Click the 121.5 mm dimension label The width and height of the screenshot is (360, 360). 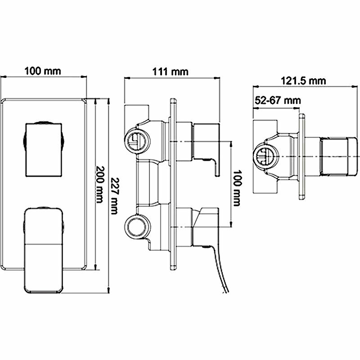point(303,81)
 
